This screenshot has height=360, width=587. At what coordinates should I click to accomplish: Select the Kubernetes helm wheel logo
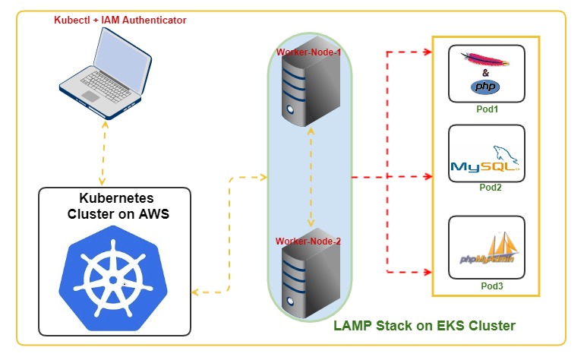click(x=115, y=278)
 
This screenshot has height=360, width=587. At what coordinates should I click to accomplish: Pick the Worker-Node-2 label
click(x=308, y=241)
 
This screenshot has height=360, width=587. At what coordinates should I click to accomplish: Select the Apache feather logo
click(x=486, y=59)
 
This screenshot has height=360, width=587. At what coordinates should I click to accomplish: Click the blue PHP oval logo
click(x=485, y=87)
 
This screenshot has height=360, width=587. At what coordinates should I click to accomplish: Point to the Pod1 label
click(x=486, y=110)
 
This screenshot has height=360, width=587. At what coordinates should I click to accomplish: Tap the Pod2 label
click(x=486, y=188)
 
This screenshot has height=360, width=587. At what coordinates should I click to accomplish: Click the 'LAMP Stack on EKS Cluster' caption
click(x=424, y=326)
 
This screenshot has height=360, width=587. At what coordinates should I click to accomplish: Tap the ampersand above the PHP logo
click(x=486, y=74)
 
